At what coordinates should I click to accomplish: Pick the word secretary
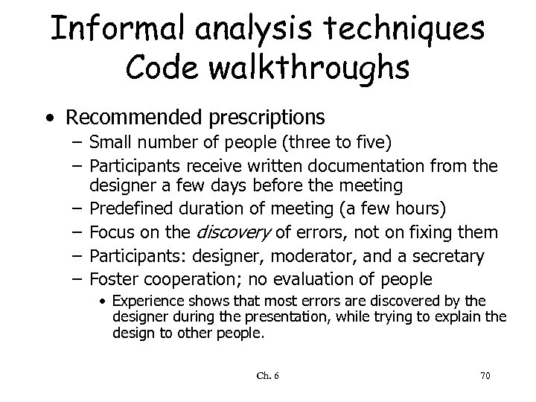pos(450,257)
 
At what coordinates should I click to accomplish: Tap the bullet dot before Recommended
pos(48,118)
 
